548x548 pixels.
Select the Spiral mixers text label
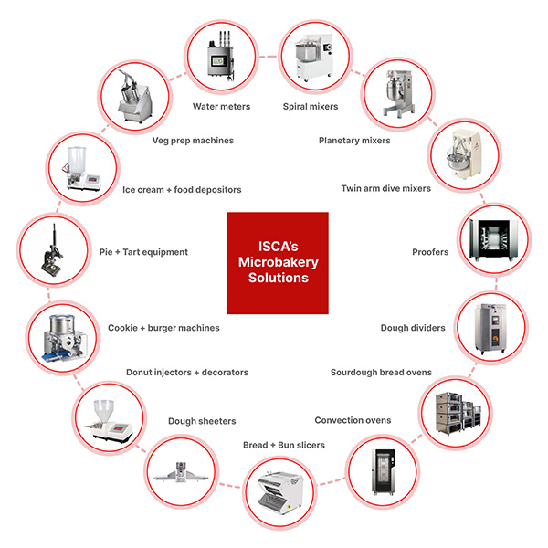click(x=310, y=106)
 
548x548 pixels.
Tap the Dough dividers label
click(x=413, y=327)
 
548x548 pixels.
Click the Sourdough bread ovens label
click(x=382, y=372)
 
